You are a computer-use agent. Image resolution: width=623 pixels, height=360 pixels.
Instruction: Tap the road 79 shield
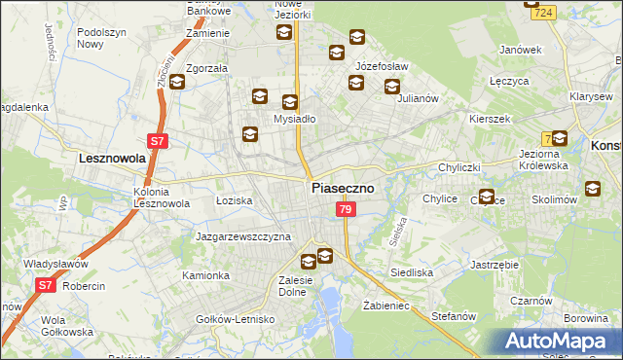click(x=345, y=210)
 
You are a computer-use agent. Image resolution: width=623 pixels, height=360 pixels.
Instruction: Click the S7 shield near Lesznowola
click(x=159, y=141)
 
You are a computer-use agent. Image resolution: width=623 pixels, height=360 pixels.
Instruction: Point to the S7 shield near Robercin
click(x=45, y=285)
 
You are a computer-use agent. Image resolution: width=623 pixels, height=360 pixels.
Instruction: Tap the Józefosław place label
click(x=382, y=66)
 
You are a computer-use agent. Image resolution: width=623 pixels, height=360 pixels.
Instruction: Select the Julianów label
click(x=420, y=98)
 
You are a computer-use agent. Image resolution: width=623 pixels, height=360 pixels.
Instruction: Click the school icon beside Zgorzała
click(x=176, y=81)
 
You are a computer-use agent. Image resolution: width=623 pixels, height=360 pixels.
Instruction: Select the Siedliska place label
click(x=411, y=273)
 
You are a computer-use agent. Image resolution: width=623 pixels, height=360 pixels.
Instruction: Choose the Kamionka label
click(x=205, y=275)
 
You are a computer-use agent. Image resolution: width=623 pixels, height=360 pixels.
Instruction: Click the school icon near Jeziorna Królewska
click(x=560, y=139)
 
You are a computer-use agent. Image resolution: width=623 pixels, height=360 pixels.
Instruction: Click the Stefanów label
click(x=454, y=316)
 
